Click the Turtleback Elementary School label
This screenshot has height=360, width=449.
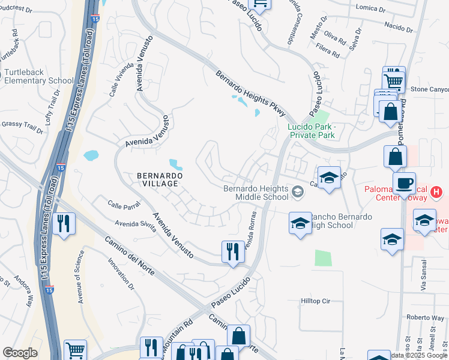tap(39, 76)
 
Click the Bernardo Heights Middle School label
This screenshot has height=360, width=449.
tap(256, 192)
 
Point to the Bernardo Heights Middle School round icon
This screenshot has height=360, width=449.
tap(298, 192)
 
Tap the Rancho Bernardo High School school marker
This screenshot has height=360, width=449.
tap(300, 224)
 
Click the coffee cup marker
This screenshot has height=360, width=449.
tap(403, 182)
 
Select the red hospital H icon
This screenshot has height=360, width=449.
tap(436, 193)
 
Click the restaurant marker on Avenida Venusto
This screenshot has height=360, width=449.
tap(233, 251)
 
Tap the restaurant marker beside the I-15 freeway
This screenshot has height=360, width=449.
tap(63, 223)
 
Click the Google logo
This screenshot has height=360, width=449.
tap(20, 353)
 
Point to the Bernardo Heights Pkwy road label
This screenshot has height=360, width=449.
tap(251, 92)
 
